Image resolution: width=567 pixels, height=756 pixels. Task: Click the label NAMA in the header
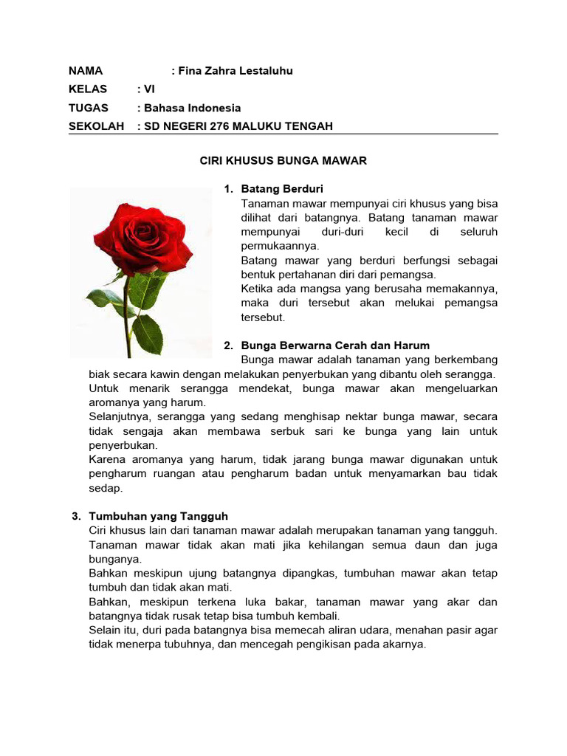86,71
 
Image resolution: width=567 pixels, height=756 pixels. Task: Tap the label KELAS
88,89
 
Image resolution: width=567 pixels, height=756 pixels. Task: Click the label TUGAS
88,108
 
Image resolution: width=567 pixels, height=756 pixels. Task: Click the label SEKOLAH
96,126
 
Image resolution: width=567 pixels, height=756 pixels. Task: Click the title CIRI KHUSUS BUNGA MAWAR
283,160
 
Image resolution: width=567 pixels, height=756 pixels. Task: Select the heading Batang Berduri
282,189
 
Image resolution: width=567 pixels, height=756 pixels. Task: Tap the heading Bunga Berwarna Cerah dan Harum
335,346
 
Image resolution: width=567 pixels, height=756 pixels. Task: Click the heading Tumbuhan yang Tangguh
163,516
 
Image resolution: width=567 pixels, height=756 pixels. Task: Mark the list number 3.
75,516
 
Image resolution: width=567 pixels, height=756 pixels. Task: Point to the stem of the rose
128,317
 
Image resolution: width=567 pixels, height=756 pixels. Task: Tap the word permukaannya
280,246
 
